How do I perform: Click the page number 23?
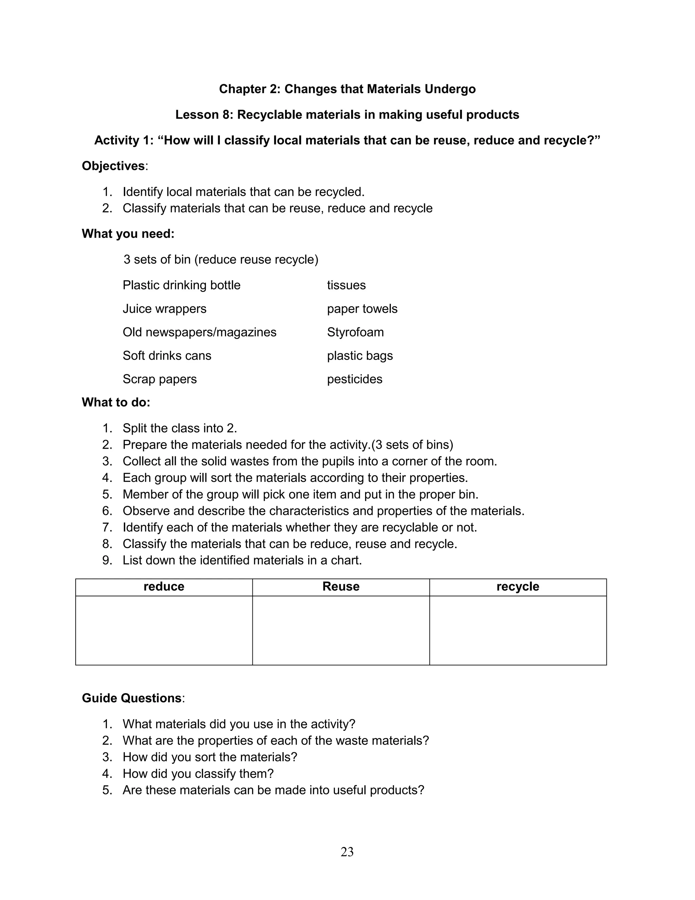click(x=347, y=851)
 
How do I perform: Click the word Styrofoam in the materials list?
click(x=355, y=332)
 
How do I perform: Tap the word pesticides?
click(x=355, y=379)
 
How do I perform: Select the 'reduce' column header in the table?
click(x=164, y=587)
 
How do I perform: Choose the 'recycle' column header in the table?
click(x=518, y=587)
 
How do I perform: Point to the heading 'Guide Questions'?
click(x=131, y=698)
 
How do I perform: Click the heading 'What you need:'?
click(x=128, y=234)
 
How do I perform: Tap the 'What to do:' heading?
click(x=116, y=402)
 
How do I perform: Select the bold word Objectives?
click(x=113, y=166)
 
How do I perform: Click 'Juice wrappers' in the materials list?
click(x=164, y=309)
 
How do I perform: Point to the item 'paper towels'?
click(x=362, y=309)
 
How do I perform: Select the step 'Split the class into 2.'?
click(x=180, y=428)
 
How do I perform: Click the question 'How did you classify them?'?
click(x=198, y=773)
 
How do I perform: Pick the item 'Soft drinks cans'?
click(x=167, y=356)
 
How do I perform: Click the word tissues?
click(x=346, y=285)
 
